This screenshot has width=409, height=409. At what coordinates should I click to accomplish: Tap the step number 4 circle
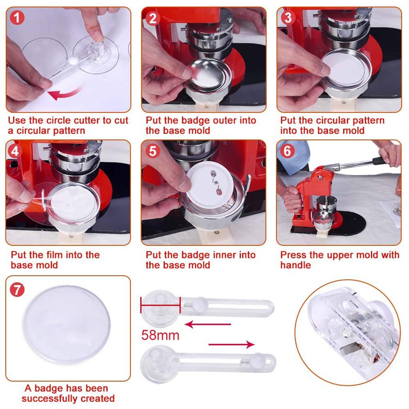15,151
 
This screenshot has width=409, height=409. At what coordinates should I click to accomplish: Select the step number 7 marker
16,289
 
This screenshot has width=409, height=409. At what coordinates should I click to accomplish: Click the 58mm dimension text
160,335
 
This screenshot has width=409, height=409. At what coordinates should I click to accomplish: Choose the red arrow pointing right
232,344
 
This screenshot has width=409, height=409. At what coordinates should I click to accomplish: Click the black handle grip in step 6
379,161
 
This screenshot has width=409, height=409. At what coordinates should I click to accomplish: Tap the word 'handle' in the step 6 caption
296,265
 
